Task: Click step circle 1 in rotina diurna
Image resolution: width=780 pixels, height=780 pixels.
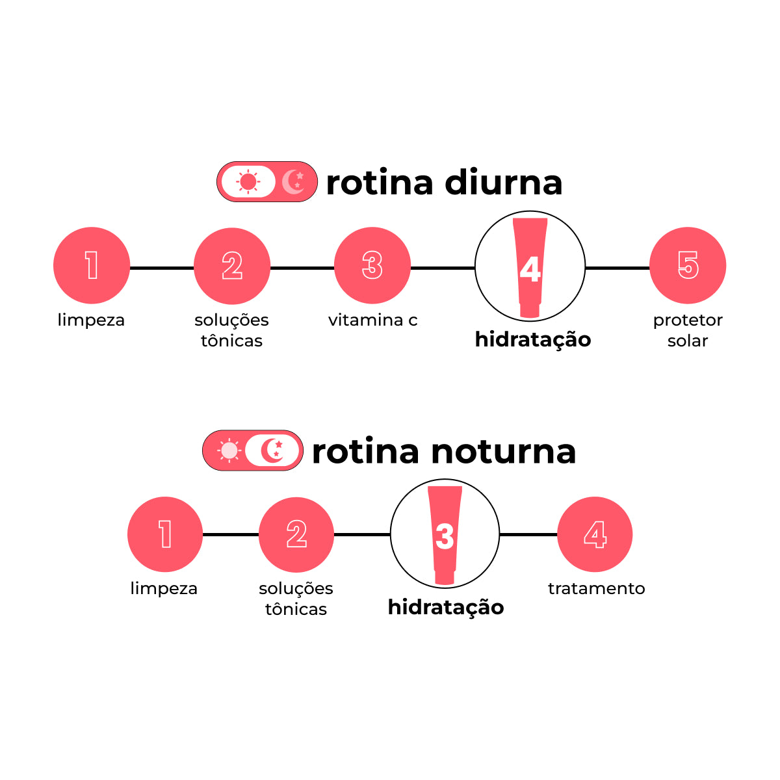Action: (92, 265)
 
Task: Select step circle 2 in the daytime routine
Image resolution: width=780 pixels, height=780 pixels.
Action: (232, 266)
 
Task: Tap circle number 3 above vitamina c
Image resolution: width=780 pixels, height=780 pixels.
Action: (372, 265)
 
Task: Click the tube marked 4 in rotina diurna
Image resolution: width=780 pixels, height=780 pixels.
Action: (530, 267)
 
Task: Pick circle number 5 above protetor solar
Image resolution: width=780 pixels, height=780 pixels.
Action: (688, 265)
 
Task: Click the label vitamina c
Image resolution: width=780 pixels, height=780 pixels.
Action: (372, 320)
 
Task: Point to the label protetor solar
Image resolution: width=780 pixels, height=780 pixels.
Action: (688, 330)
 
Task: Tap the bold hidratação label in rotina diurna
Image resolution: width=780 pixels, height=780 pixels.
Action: (533, 339)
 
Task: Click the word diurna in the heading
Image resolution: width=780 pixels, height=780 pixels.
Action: (504, 183)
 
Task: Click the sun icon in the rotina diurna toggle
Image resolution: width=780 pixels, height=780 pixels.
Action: (248, 181)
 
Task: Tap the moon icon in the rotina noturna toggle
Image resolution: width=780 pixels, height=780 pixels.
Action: (273, 450)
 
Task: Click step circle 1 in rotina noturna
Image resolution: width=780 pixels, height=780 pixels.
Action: (165, 534)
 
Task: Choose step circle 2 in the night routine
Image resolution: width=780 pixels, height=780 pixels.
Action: (296, 534)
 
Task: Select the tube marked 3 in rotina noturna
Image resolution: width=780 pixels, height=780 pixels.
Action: (445, 535)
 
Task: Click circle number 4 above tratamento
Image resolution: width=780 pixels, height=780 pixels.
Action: (595, 534)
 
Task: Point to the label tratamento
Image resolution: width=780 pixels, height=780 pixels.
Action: (596, 588)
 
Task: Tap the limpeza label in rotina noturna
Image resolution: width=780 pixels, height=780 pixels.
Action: (164, 588)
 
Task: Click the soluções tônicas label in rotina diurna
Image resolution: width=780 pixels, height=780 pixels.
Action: (231, 330)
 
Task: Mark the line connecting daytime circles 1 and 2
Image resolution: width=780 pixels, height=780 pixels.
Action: (162, 267)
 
